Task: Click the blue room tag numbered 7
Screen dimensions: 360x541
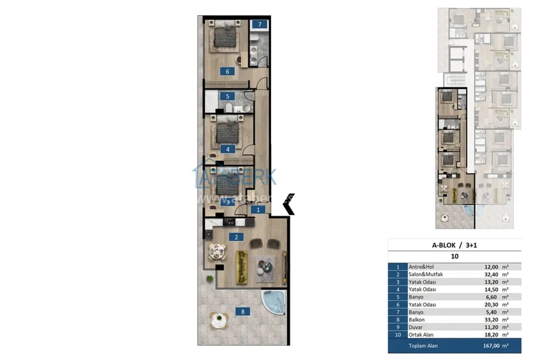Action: point(259,25)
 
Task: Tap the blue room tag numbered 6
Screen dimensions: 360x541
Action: point(227,71)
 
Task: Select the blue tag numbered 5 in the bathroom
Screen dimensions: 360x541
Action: point(227,97)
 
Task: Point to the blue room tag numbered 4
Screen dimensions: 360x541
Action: point(227,149)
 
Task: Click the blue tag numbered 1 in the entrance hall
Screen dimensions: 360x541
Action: point(258,209)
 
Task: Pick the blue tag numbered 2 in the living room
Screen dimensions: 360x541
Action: point(236,237)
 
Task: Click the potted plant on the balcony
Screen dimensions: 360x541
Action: point(208,279)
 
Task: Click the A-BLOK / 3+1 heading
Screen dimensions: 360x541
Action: point(454,244)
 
